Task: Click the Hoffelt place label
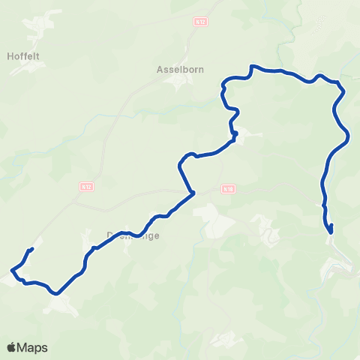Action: click(27, 55)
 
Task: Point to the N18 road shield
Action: click(227, 190)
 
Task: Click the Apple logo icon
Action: click(12, 347)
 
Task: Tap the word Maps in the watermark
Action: click(33, 347)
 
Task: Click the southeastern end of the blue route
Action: click(331, 226)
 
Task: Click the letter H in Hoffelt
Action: click(10, 55)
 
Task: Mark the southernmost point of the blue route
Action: click(56, 293)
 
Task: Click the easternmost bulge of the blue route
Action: click(349, 136)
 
